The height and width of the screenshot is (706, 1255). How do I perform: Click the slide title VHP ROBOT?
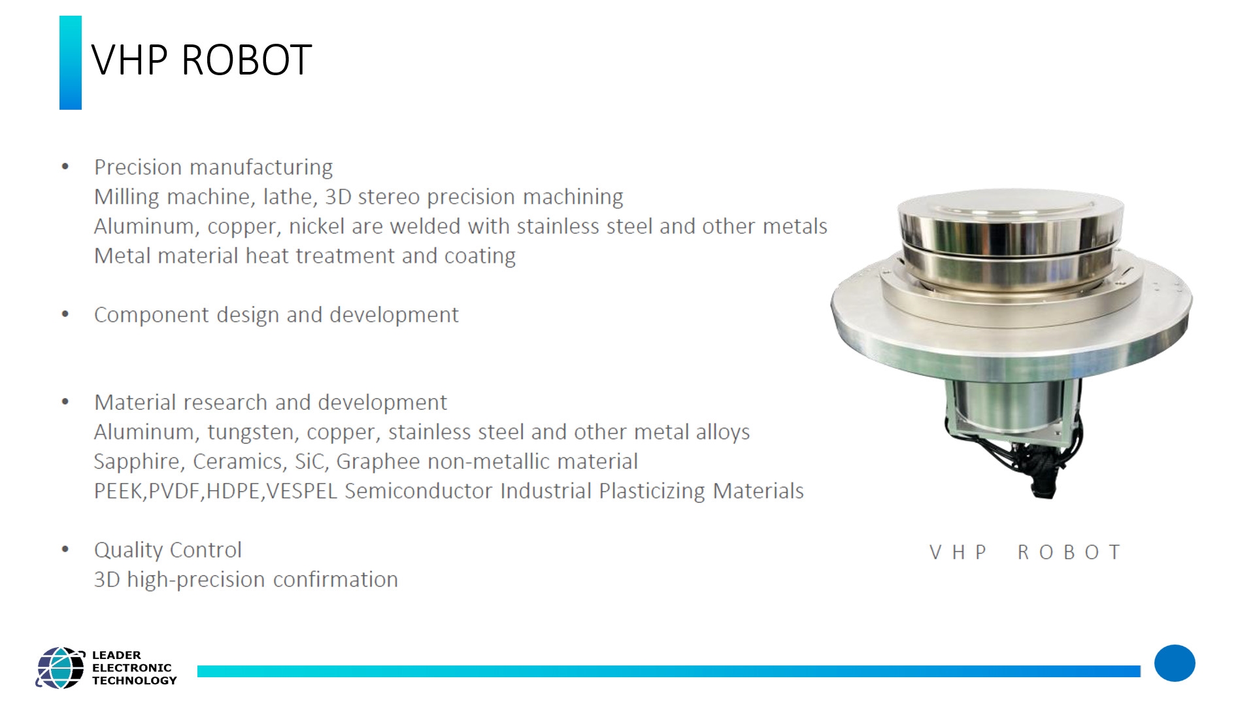click(201, 60)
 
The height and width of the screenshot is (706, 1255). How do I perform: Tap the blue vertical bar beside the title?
click(71, 63)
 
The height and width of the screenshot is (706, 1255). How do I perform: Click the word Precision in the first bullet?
click(139, 167)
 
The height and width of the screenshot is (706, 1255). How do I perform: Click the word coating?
click(480, 256)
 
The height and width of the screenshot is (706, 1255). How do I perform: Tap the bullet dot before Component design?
click(65, 314)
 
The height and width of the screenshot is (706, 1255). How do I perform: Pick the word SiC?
click(311, 462)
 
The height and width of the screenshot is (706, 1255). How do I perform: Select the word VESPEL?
click(302, 491)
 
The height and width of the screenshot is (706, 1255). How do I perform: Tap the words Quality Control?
click(168, 550)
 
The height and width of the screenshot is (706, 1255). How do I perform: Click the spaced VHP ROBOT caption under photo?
click(1025, 552)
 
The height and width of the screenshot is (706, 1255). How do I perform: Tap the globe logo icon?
click(60, 667)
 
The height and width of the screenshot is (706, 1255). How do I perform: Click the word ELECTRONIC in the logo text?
click(132, 667)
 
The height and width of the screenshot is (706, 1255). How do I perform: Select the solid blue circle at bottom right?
click(1175, 664)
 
